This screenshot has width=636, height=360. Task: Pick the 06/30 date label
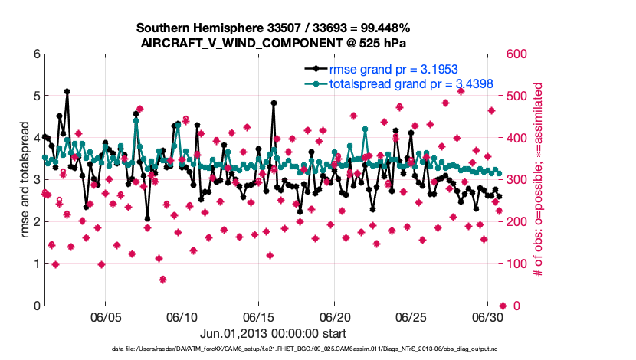[487, 316]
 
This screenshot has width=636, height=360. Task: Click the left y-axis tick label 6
[37, 54]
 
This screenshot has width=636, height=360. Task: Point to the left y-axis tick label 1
[37, 264]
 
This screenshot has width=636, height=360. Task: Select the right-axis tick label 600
[515, 54]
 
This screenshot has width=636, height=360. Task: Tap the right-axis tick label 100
[515, 264]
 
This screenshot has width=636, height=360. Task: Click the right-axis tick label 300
[515, 180]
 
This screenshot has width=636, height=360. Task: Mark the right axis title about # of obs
[538, 180]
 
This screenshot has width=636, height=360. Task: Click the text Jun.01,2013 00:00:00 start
[273, 333]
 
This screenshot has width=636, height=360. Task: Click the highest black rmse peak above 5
[67, 91]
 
